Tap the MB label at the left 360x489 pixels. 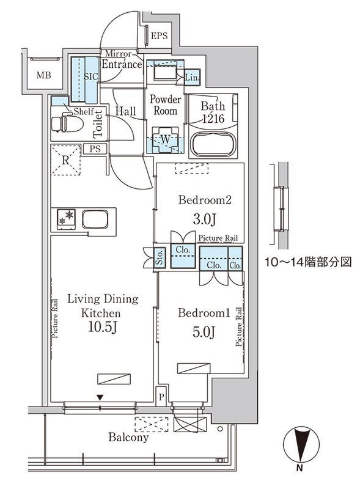[x=42, y=76]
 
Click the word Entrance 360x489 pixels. [x=122, y=64]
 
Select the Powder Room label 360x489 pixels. [x=165, y=105]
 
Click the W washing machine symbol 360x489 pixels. [x=164, y=139]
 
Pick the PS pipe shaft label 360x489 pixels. [x=95, y=149]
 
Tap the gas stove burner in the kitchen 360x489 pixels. [x=65, y=217]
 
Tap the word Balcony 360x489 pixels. [x=129, y=438]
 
